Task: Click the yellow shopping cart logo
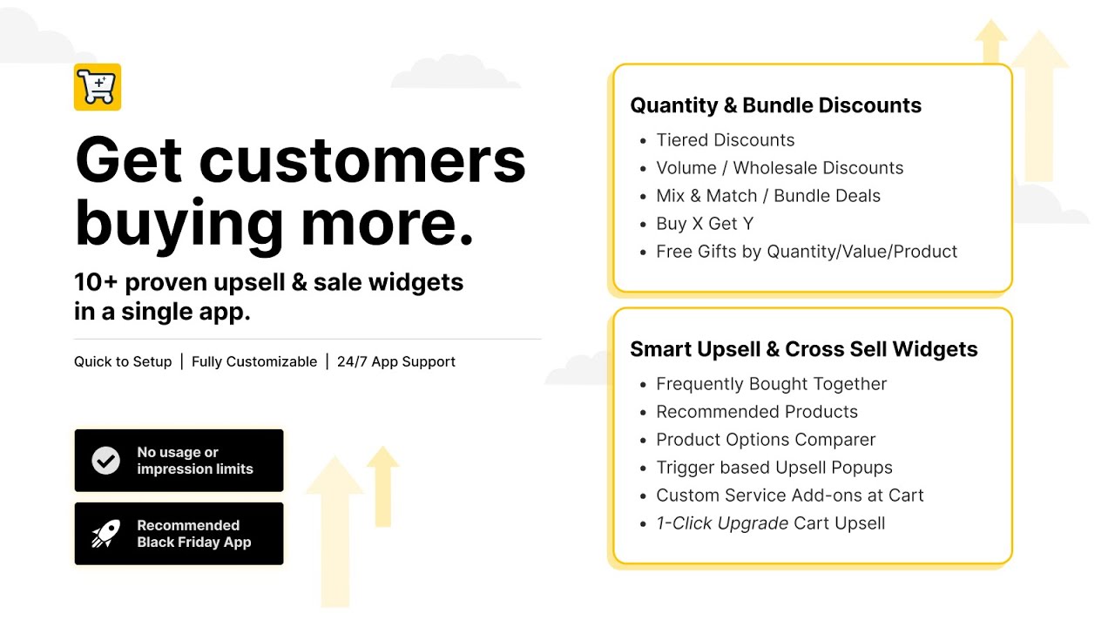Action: tap(98, 87)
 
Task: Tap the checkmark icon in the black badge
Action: tap(106, 461)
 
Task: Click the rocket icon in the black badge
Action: tap(106, 534)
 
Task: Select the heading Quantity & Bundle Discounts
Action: tap(775, 105)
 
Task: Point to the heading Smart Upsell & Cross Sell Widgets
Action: tap(803, 349)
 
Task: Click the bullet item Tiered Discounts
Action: tap(725, 140)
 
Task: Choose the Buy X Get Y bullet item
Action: tap(704, 224)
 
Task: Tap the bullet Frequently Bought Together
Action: tap(771, 384)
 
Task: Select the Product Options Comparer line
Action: tap(766, 440)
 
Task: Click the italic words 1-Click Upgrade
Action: tap(722, 523)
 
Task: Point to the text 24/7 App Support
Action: tap(395, 361)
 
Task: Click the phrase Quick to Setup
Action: tap(123, 361)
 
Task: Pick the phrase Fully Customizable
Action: tap(254, 361)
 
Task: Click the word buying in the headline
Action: tap(179, 224)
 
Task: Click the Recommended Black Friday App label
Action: tap(193, 534)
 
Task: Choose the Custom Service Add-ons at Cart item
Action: tap(789, 496)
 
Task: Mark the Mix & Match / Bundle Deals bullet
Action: tap(768, 196)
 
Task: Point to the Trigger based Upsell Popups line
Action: tap(774, 468)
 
